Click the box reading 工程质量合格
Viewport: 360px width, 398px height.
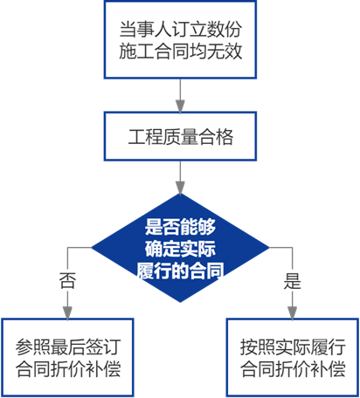coord(180,136)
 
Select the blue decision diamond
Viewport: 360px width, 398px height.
coord(180,248)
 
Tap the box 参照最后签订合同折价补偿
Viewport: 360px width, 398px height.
coord(67,358)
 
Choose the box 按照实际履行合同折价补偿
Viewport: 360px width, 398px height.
coord(293,358)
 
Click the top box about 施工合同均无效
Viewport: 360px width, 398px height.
coord(180,39)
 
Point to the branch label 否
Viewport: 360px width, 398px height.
coord(67,281)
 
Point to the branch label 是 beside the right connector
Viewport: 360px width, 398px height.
coord(293,281)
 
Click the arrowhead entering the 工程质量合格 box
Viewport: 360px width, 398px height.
coord(180,106)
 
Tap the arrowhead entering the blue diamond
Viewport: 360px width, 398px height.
coord(180,188)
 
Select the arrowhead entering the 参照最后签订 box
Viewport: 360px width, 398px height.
coord(67,312)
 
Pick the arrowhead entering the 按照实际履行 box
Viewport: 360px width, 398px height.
coord(293,312)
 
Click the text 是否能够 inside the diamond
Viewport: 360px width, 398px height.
coord(180,227)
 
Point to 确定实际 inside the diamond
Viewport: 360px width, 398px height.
coord(180,249)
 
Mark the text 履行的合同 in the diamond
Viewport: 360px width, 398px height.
coord(180,271)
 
